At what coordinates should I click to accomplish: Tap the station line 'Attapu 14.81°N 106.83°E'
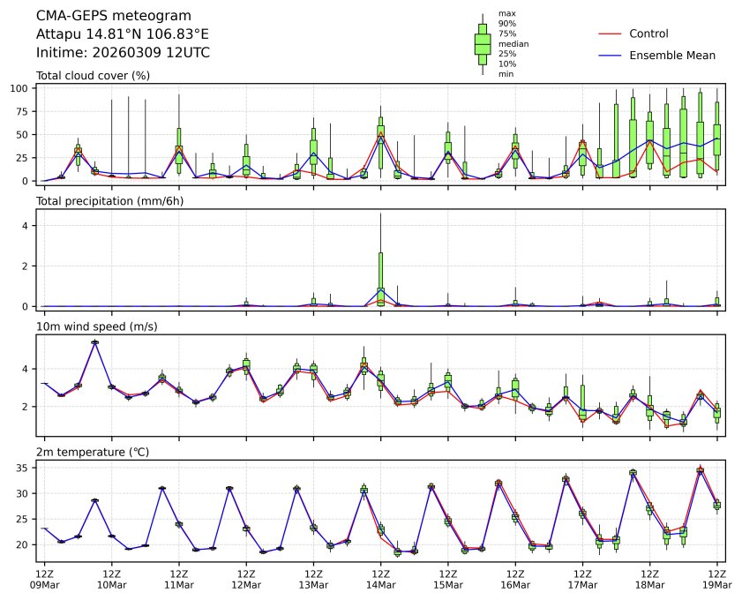click(x=123, y=34)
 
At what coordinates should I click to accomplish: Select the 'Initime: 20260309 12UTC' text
click(x=123, y=52)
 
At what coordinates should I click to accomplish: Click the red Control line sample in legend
click(x=610, y=34)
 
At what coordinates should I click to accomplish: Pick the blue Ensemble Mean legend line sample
click(x=610, y=55)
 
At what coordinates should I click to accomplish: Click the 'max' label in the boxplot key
click(x=506, y=13)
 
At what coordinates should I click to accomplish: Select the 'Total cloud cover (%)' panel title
click(x=93, y=75)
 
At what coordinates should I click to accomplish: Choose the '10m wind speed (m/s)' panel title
click(x=93, y=326)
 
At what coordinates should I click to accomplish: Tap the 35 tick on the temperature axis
click(x=26, y=468)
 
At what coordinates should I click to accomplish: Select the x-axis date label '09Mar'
click(x=44, y=584)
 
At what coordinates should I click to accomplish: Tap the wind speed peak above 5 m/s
click(x=94, y=342)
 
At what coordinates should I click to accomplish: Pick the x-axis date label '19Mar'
click(x=716, y=584)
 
